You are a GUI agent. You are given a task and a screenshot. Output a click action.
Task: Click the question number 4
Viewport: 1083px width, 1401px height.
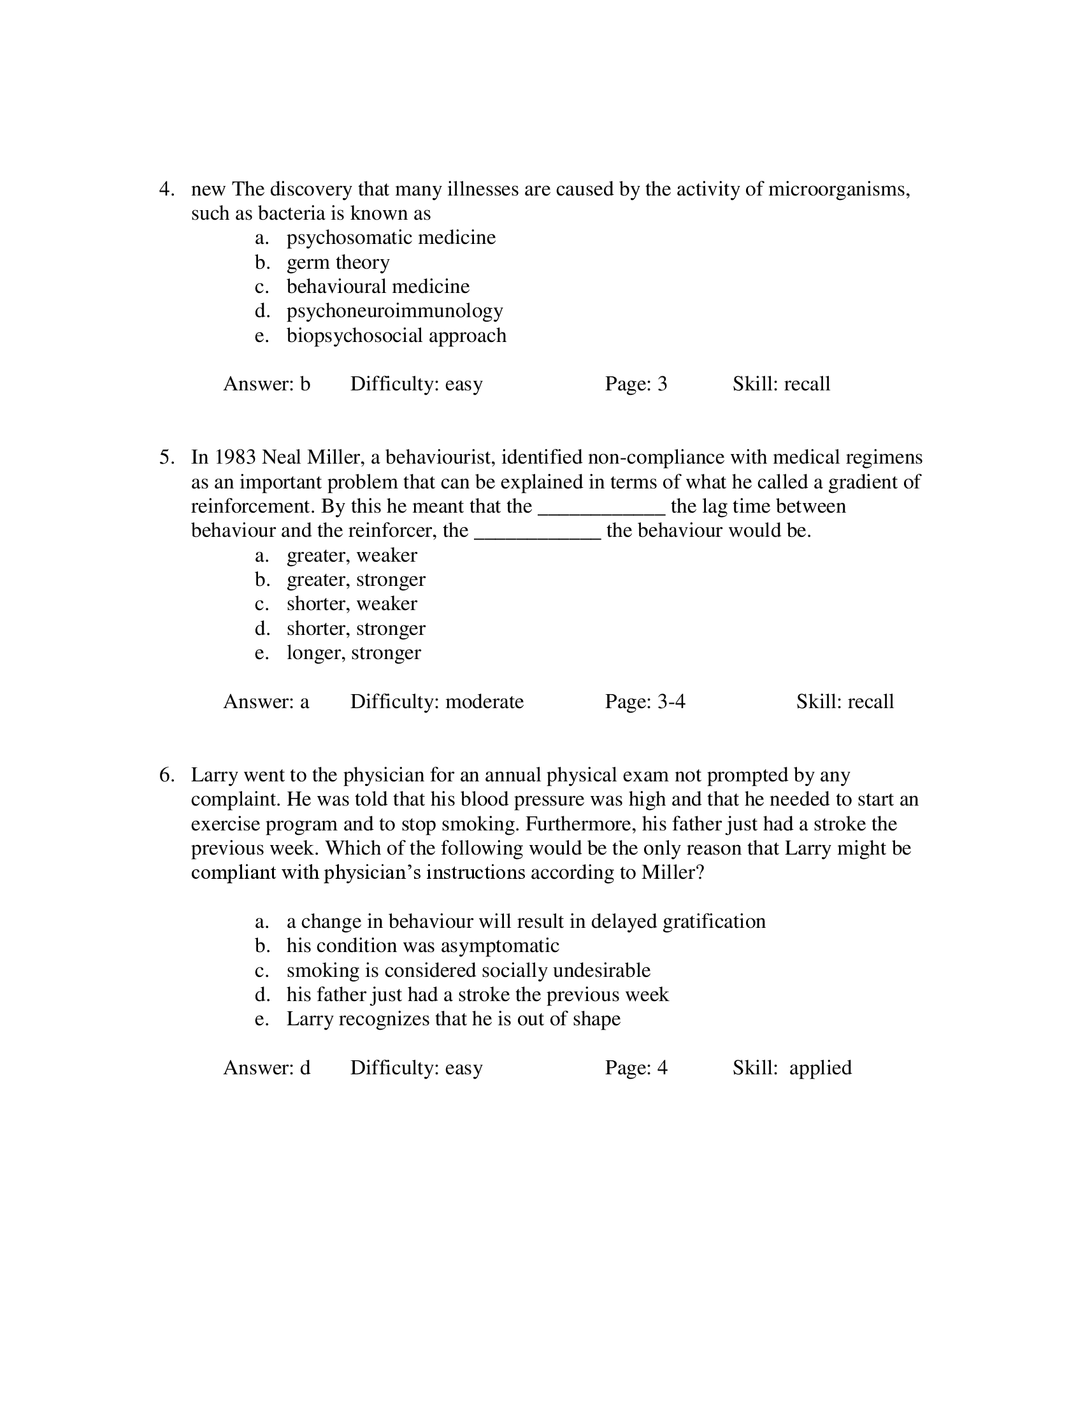[x=166, y=189]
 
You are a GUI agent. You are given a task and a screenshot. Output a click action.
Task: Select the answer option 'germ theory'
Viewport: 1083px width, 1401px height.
[x=338, y=262]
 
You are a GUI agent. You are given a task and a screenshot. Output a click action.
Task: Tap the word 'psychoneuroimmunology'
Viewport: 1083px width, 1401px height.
[x=394, y=311]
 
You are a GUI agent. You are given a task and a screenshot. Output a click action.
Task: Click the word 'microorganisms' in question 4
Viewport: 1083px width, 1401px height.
[x=838, y=189]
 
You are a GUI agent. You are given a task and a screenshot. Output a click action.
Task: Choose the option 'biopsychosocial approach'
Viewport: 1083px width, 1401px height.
[x=396, y=336]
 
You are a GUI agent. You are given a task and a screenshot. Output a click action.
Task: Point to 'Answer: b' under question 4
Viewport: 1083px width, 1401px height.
[x=266, y=383]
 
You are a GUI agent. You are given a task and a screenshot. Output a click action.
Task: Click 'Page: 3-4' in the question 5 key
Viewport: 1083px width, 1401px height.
[x=645, y=702]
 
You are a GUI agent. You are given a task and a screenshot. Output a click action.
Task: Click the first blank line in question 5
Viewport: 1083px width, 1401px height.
[x=601, y=508]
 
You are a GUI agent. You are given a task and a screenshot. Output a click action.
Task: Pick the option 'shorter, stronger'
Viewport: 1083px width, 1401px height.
[x=355, y=629]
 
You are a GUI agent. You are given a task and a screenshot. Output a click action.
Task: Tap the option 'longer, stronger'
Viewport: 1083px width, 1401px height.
[x=354, y=653]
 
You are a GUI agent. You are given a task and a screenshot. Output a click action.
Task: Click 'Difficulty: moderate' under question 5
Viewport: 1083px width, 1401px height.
[x=436, y=702]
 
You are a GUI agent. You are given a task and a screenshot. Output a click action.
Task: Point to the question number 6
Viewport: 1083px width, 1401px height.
[x=166, y=775]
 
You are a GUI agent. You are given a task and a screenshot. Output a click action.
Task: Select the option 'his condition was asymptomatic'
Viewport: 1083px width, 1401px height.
[x=422, y=946]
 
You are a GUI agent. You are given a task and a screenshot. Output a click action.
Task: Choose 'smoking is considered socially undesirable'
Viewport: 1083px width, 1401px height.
[x=468, y=970]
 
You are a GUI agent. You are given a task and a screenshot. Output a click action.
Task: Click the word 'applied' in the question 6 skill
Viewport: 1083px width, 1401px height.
[x=820, y=1067]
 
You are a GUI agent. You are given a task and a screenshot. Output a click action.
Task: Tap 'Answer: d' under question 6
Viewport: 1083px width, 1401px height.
[x=266, y=1067]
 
